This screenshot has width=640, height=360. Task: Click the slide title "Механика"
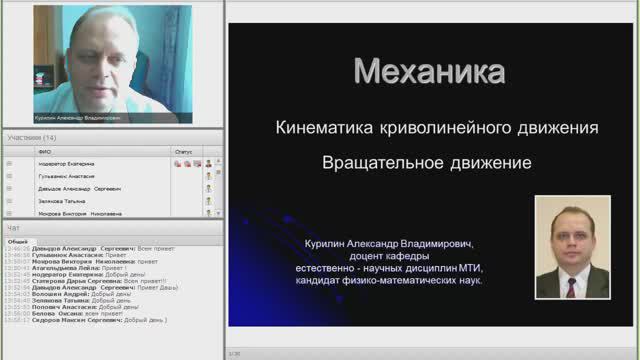tap(431, 72)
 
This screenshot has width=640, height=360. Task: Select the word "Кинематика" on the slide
tap(321, 128)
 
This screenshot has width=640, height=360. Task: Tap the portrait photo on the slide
tap(572, 246)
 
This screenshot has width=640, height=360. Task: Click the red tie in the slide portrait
tap(571, 284)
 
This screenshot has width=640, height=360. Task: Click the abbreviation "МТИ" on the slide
tap(469, 268)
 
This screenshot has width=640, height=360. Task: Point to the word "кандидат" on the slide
tap(321, 281)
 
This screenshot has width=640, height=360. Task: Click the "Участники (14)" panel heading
tap(32, 137)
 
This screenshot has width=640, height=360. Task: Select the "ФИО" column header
tap(45, 151)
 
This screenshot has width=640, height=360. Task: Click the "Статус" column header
tap(183, 151)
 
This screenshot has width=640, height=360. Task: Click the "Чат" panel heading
tap(14, 228)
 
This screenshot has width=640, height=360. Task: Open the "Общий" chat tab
tap(17, 241)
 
